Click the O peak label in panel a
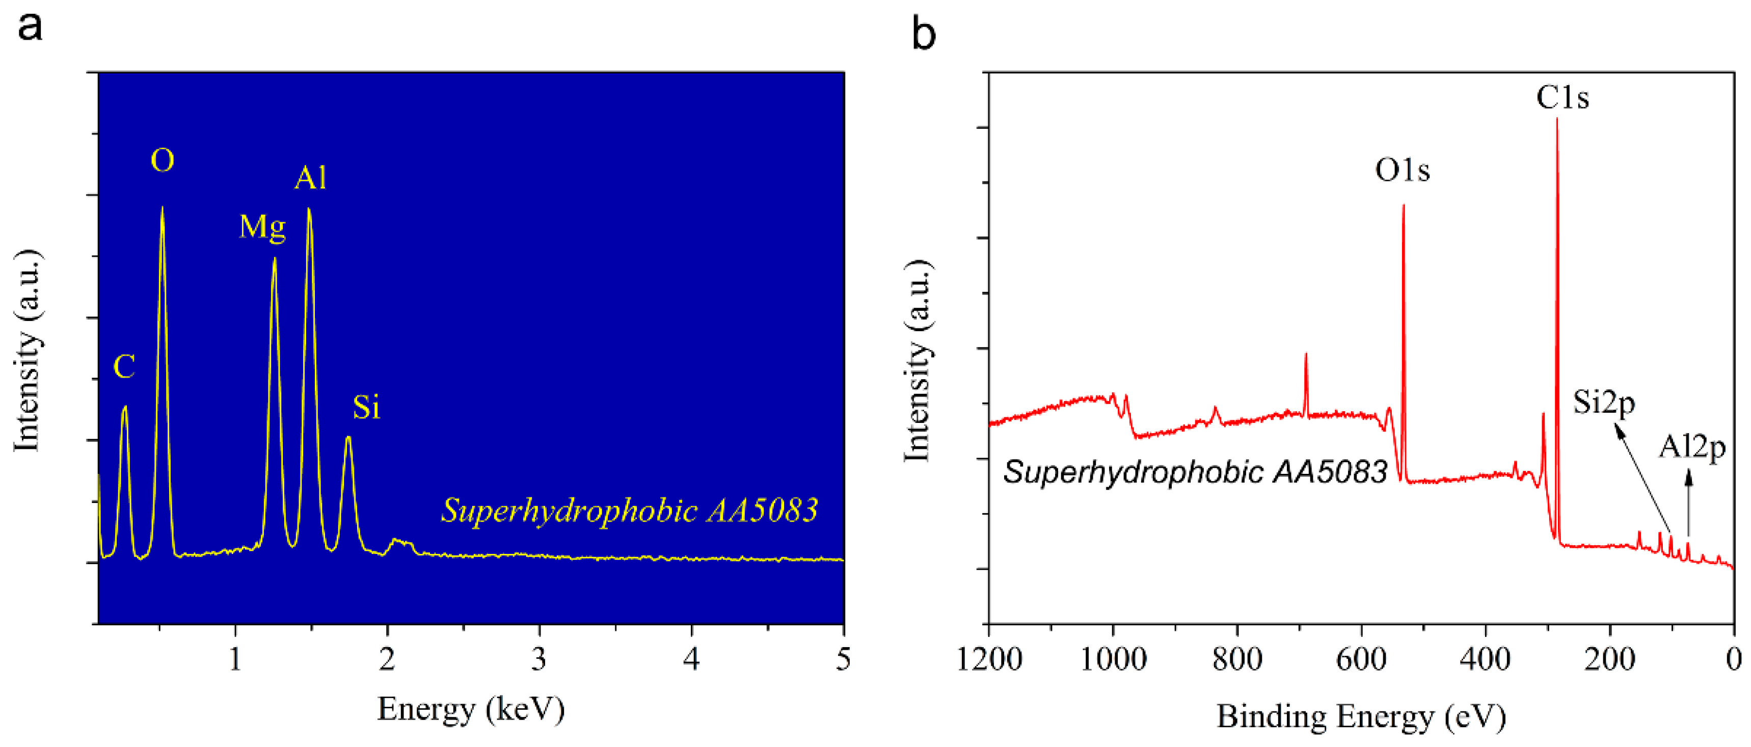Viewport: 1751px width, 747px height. click(162, 161)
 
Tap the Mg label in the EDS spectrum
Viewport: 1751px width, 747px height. click(262, 226)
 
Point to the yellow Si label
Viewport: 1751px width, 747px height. click(366, 407)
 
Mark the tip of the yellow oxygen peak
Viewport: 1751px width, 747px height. click(162, 207)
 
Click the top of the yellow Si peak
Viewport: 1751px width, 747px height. click(348, 438)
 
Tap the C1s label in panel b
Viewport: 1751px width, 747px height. click(1562, 98)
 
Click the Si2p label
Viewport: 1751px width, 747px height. click(1603, 403)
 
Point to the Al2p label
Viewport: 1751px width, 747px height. click(1691, 447)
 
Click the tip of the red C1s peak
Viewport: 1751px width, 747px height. click(1556, 120)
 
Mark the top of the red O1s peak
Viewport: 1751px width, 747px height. click(1403, 205)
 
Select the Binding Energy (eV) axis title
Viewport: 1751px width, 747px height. click(1361, 716)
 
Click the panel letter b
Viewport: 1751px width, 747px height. click(923, 35)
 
